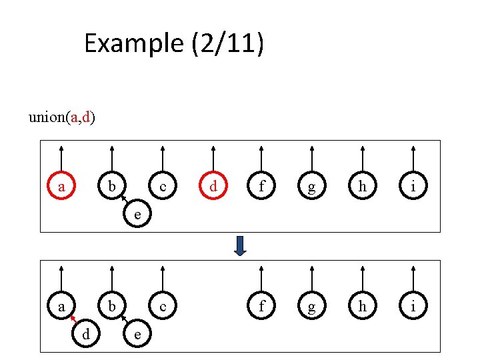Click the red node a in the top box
pos(61,187)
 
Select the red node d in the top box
pos(213,187)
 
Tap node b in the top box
pos(112,187)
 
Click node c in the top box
pos(163,187)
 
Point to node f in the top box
pos(262,187)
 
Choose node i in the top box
pos(413,187)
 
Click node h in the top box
pos(362,187)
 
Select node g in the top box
pos(312,187)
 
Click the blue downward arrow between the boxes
pos(241,245)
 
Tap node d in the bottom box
pos(86,334)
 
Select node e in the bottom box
pos(137,334)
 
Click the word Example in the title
pos(133,44)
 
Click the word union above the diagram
pos(47,118)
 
